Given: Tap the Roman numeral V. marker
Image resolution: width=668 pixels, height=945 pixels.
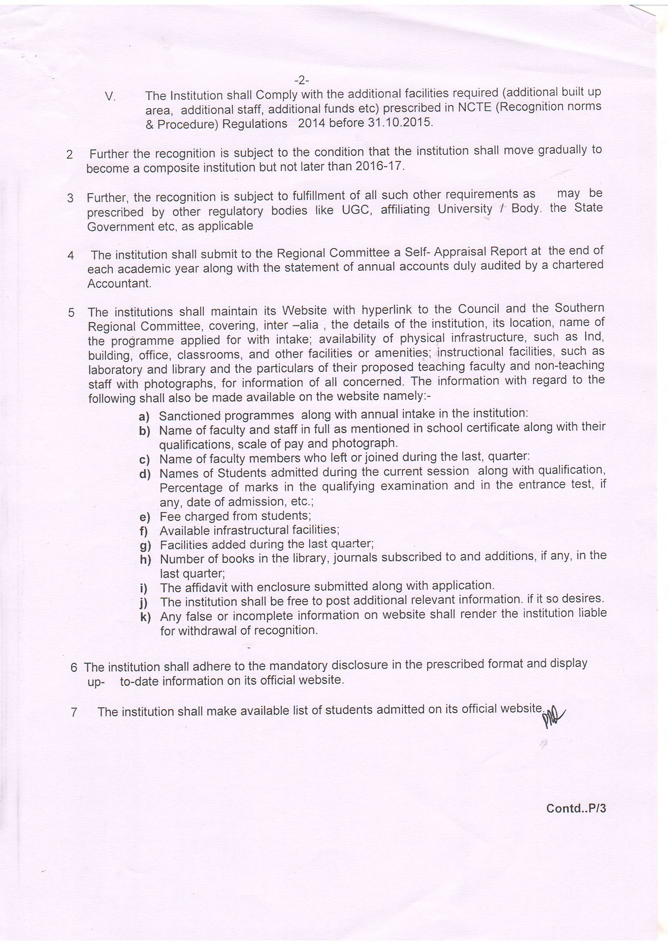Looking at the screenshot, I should tap(110, 97).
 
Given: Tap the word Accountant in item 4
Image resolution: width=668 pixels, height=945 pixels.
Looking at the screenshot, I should tap(119, 284).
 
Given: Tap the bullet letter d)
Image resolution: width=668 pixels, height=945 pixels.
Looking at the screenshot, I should tap(144, 474).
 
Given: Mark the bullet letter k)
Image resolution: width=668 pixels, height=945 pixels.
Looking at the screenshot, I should tap(145, 617).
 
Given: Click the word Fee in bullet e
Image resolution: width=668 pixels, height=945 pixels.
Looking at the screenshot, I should tap(169, 517).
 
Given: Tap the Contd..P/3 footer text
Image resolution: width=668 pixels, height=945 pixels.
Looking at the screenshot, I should tap(576, 808).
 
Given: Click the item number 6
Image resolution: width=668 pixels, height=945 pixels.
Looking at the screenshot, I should tap(74, 667).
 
